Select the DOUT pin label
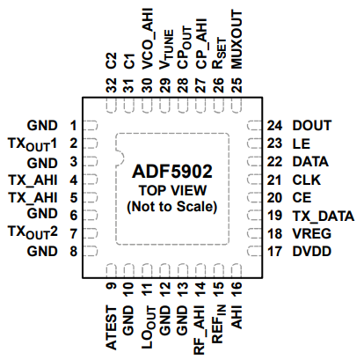tap(311, 125)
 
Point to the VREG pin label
tap(311, 233)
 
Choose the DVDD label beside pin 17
tap(311, 252)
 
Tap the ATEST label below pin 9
tap(111, 326)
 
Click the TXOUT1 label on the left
tap(32, 143)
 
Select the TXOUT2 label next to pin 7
tap(32, 233)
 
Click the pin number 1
tap(75, 125)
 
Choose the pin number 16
tap(237, 287)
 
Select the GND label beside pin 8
tap(42, 252)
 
